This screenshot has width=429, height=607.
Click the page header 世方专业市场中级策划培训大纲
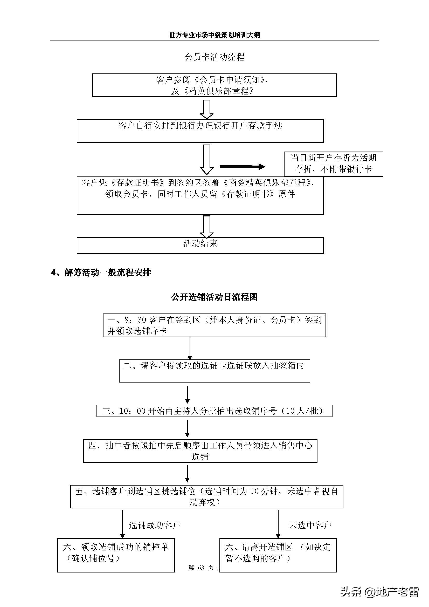pos(214,35)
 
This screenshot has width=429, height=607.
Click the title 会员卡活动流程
pos(214,57)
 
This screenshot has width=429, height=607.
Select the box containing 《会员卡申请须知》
pos(214,85)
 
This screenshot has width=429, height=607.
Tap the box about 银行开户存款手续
pos(200,131)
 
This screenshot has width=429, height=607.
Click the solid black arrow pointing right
pos(242,167)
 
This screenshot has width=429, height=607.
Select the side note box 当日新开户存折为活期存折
pos(333,164)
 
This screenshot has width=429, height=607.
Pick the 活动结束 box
pos(200,245)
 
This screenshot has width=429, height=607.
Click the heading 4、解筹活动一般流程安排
pos(101,272)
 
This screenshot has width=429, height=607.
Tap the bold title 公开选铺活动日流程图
pos(214,297)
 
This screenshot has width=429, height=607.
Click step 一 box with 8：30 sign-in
pos(214,325)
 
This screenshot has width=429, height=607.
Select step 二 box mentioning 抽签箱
pos(214,371)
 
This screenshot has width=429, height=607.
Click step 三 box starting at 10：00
pos(214,411)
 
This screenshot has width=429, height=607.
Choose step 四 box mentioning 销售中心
pos(200,451)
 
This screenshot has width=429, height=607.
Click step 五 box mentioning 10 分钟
pos(206,496)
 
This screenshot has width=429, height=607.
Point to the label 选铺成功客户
pos(154,525)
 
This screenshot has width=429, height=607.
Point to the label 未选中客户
pos(310,525)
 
